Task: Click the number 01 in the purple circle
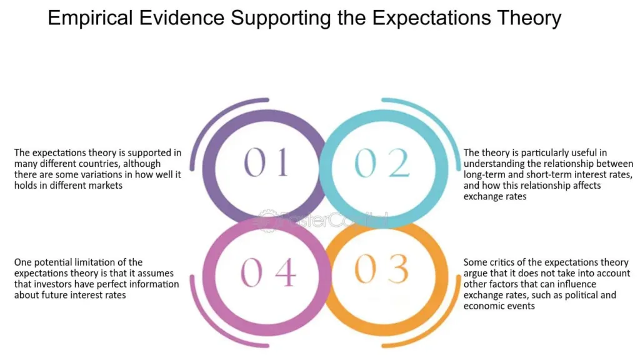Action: (266, 162)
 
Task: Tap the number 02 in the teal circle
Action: (382, 162)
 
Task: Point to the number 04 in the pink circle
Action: (268, 272)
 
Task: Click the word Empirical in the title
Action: (91, 18)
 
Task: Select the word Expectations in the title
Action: (431, 18)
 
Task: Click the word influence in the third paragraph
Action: (576, 284)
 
